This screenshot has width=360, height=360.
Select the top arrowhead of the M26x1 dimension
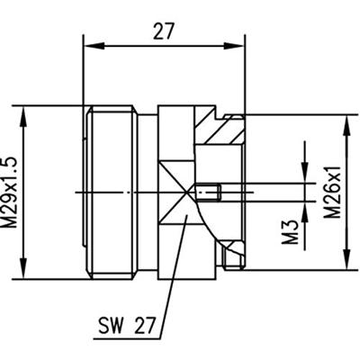[345, 119]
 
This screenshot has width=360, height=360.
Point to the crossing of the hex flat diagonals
[192, 191]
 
